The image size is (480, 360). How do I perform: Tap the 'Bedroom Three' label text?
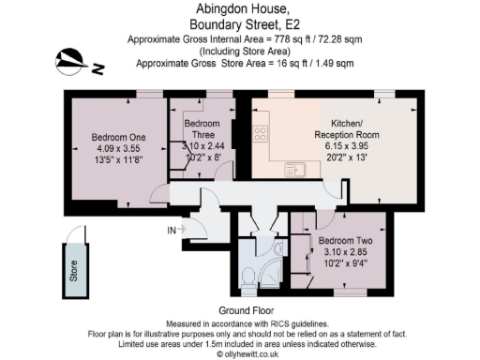pyautogui.click(x=202, y=129)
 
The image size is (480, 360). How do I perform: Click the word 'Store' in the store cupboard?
pyautogui.click(x=74, y=271)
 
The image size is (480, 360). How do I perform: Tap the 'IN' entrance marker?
pyautogui.click(x=172, y=230)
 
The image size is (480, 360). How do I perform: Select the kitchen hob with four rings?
pyautogui.click(x=261, y=134)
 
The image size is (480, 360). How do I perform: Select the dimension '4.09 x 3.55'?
pyautogui.click(x=115, y=146)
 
